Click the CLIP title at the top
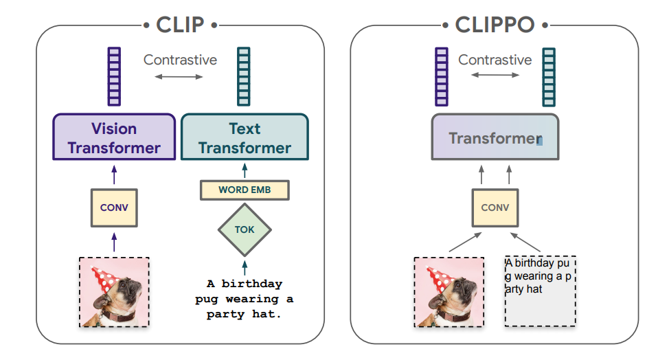click(180, 25)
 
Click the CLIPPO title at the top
click(495, 25)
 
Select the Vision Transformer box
click(114, 137)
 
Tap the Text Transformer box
click(245, 137)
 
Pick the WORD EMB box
click(245, 190)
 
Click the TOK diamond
click(245, 230)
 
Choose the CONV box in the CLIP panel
click(114, 207)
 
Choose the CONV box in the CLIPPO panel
click(495, 207)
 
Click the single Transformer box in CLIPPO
click(495, 137)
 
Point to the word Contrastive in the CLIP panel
click(180, 60)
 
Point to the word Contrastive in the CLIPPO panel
click(495, 60)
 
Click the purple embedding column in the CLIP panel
click(114, 76)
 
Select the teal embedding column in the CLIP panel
click(244, 76)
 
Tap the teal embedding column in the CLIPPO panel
click(549, 77)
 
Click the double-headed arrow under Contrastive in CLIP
click(179, 77)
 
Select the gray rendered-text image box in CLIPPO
click(540, 291)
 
